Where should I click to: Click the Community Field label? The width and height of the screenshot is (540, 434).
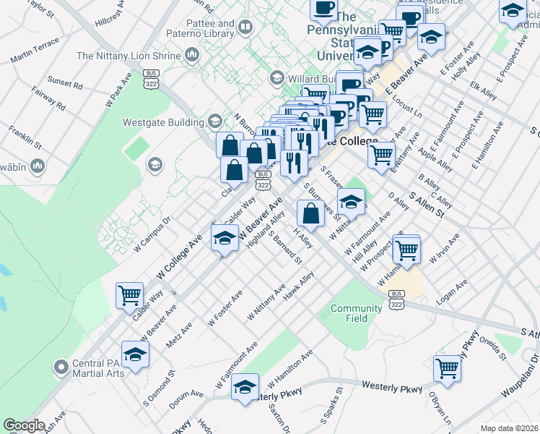coord(356,313)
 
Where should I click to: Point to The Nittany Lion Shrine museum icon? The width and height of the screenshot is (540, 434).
coord(192,55)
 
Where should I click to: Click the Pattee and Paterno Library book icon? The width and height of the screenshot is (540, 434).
coord(245,28)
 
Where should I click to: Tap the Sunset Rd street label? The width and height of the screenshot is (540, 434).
coord(64,83)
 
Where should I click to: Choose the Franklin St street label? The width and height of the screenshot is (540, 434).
coord(21,137)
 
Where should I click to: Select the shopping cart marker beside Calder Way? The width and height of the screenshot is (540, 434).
coord(130,295)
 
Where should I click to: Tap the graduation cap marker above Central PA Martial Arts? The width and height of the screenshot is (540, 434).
coord(135,354)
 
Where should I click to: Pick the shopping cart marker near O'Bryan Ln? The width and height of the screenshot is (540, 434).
coord(448,368)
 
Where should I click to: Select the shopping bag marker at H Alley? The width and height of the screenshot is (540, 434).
coord(310,213)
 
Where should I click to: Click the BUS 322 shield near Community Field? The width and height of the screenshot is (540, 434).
coord(396,296)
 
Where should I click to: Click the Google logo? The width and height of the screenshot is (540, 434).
coord(24,425)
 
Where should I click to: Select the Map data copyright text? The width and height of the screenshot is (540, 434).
coord(508,428)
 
